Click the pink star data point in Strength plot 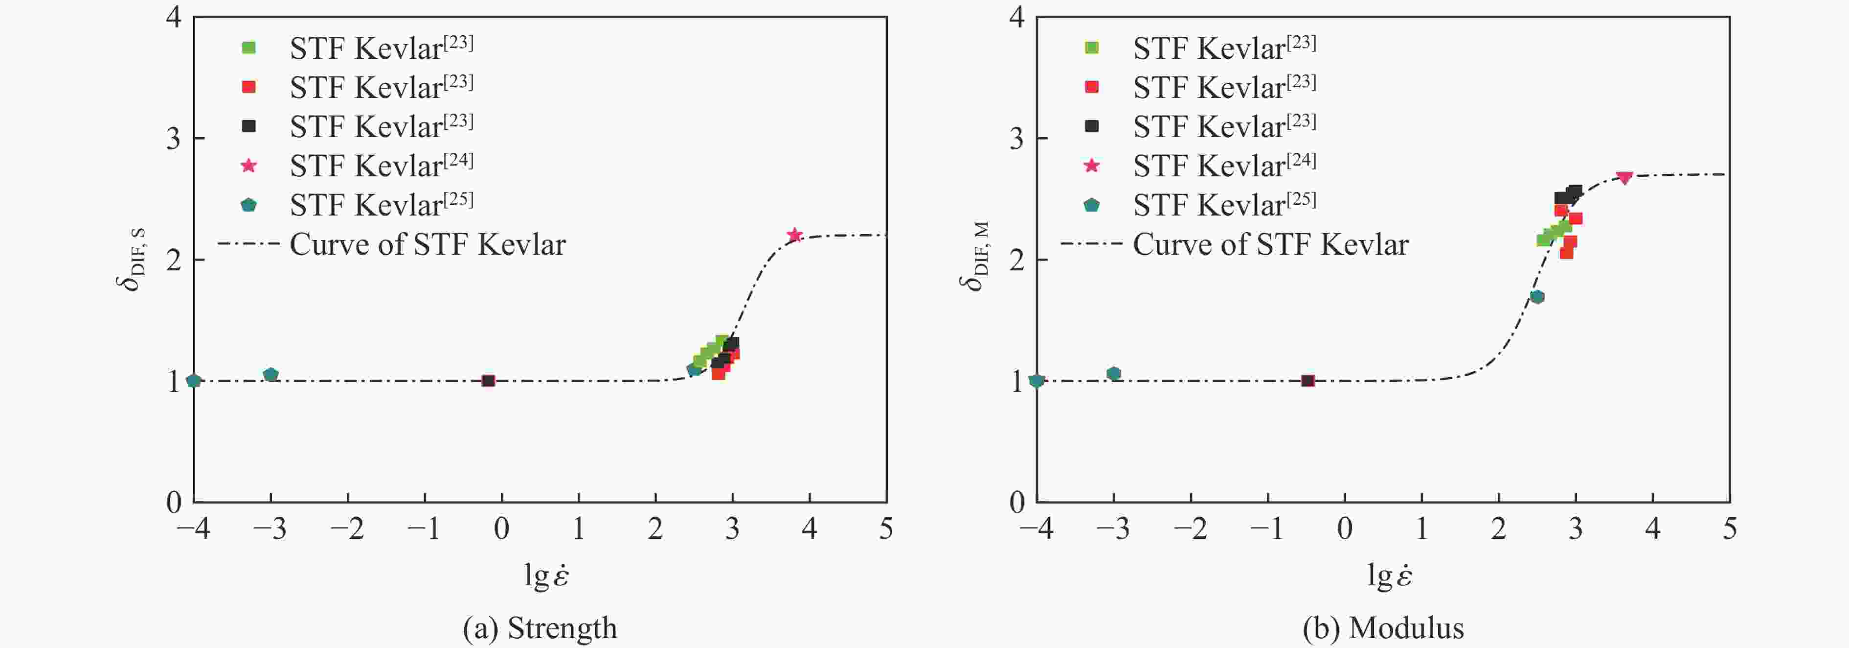pyautogui.click(x=794, y=235)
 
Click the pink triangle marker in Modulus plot pyautogui.click(x=1624, y=177)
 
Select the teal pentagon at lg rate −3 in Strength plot pyautogui.click(x=271, y=374)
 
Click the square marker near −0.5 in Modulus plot pyautogui.click(x=1308, y=381)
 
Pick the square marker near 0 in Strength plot pyautogui.click(x=488, y=381)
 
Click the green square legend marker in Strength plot pyautogui.click(x=249, y=48)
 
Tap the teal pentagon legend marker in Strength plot pyautogui.click(x=249, y=205)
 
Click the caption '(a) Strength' pyautogui.click(x=540, y=628)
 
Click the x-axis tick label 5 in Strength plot pyautogui.click(x=886, y=529)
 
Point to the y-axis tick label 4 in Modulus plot pyautogui.click(x=1016, y=17)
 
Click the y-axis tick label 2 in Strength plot pyautogui.click(x=174, y=260)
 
